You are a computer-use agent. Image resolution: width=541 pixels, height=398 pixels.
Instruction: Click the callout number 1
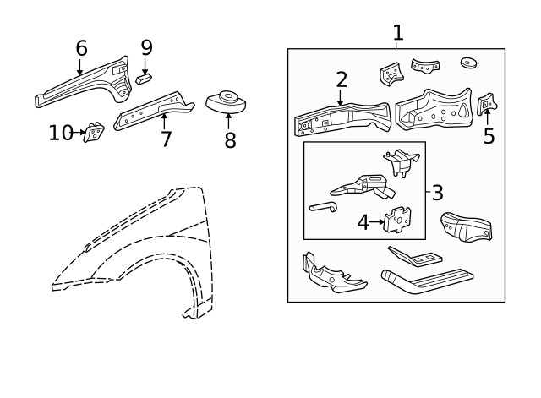pos(397,33)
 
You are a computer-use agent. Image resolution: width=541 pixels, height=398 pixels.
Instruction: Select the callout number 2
pos(341,79)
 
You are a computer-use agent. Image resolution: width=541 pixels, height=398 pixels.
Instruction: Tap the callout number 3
pos(437,193)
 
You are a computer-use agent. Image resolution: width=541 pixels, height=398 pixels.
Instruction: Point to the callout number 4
pos(363,222)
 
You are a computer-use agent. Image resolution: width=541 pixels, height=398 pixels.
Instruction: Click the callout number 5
pos(489,136)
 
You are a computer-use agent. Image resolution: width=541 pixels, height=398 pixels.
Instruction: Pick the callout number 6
pos(81,48)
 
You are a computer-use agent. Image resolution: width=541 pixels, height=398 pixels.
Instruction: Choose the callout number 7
pos(166,139)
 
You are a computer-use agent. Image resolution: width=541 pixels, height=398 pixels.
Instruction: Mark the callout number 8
pos(230,140)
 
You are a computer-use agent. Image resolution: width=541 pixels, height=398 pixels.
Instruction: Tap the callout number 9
pos(146,48)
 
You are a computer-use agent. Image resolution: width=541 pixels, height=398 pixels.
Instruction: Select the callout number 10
pos(61,133)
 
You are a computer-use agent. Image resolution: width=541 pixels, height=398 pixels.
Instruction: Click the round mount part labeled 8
pos(227,103)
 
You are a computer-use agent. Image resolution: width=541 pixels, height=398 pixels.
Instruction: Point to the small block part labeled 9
pos(144,78)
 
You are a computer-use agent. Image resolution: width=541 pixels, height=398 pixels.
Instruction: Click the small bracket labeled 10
pos(93,133)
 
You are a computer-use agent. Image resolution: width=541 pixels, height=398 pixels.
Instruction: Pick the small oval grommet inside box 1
pos(469,63)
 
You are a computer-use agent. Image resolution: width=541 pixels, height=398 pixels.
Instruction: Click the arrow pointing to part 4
pos(377,222)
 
